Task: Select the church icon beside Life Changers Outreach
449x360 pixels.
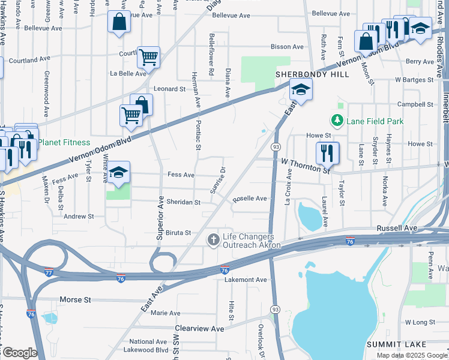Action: (x=213, y=241)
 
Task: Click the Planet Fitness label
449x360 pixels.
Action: (x=64, y=143)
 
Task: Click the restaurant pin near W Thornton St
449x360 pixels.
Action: (x=327, y=153)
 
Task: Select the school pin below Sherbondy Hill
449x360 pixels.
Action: (x=300, y=90)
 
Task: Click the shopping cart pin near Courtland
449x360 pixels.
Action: (x=148, y=58)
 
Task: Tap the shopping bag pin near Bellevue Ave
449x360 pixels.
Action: (x=119, y=23)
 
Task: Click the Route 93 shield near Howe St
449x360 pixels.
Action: (x=276, y=147)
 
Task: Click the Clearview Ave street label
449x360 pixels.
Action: (x=199, y=329)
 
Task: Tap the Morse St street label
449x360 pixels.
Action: (x=75, y=299)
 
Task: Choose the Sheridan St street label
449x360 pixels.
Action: (x=183, y=203)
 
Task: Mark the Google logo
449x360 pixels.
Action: (x=19, y=353)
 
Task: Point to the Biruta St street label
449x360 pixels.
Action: (x=178, y=233)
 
